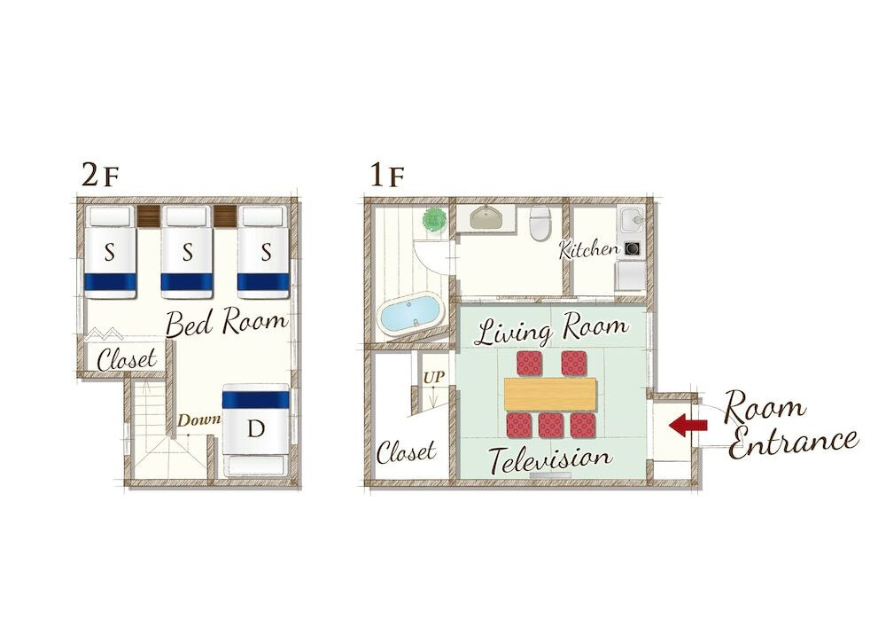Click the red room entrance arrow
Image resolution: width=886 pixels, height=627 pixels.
[688, 425]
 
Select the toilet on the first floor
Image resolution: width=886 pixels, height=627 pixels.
[540, 223]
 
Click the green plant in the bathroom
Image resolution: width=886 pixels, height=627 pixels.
[434, 219]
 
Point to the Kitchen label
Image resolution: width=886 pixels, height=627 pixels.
[588, 249]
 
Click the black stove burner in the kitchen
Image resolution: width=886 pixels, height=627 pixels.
[632, 249]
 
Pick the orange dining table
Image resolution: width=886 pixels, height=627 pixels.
[550, 394]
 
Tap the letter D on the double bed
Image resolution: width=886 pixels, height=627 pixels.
[257, 429]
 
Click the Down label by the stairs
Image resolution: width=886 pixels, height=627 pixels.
[198, 420]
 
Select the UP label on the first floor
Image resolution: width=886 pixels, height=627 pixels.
[434, 377]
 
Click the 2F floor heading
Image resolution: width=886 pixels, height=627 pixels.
[100, 176]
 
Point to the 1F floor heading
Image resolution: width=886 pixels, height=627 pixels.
[387, 176]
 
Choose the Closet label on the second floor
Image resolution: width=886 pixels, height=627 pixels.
[127, 358]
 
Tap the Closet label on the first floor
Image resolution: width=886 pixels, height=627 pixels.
[407, 451]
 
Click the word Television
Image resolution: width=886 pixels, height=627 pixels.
[549, 458]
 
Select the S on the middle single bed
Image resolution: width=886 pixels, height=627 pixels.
[188, 252]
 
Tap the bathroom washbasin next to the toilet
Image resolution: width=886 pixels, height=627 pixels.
[486, 217]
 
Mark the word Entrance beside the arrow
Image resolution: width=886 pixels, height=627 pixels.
[793, 442]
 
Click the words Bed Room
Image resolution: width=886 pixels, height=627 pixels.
[227, 322]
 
